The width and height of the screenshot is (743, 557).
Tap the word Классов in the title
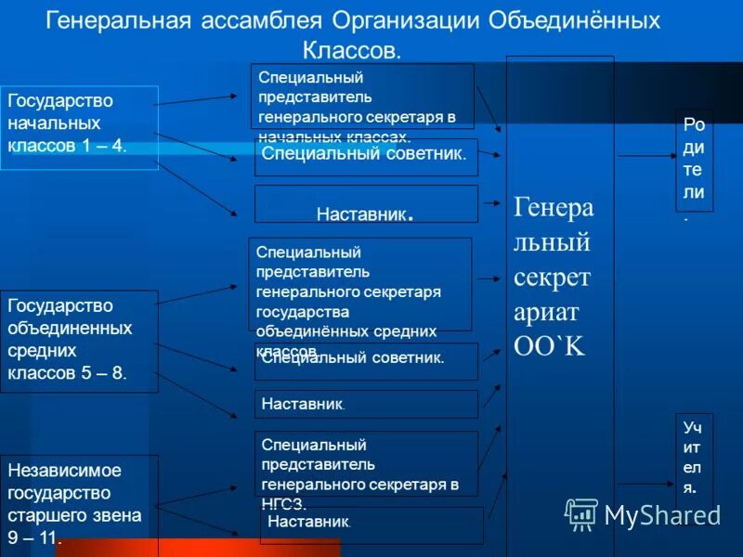(x=351, y=49)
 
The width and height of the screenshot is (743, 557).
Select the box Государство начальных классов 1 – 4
(x=79, y=127)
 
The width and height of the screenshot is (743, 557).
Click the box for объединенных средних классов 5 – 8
(x=79, y=341)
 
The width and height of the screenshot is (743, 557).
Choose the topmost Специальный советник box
(x=366, y=157)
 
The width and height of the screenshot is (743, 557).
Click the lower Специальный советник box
(x=366, y=360)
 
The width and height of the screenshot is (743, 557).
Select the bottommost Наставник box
(x=371, y=525)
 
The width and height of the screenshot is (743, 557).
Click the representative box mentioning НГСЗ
(x=366, y=463)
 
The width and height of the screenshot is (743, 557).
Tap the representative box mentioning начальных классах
(x=362, y=96)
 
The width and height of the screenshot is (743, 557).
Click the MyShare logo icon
(x=581, y=513)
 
